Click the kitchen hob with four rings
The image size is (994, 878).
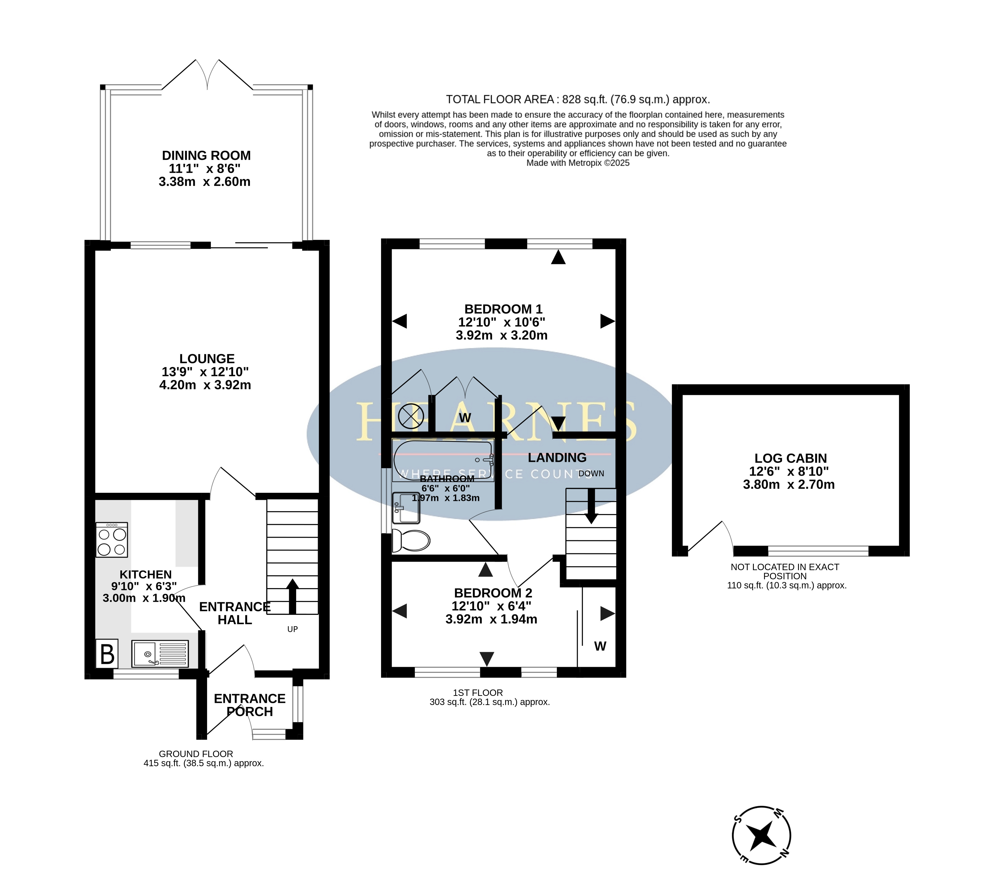point(112,540)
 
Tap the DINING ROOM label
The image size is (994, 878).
point(206,156)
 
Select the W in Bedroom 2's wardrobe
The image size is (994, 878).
point(600,646)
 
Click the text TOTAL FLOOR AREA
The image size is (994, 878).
point(500,100)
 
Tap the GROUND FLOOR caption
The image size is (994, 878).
point(196,754)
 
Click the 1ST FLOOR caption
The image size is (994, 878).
point(478,693)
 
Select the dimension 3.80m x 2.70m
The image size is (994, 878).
point(789,485)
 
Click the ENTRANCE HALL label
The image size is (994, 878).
point(235,613)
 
